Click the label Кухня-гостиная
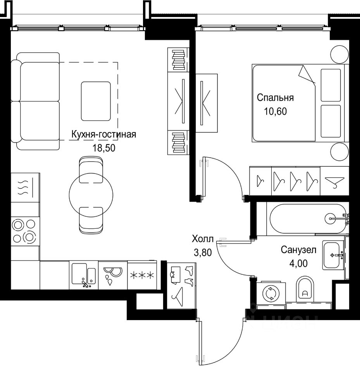(104, 134)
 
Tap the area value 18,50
(104, 148)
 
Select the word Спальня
(275, 98)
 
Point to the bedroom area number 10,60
(275, 111)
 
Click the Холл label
(202, 239)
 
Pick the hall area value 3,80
(203, 252)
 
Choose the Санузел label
(298, 250)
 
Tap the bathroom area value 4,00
(298, 263)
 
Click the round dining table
(91, 195)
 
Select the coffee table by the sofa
(96, 101)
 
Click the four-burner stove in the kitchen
(25, 231)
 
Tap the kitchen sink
(84, 275)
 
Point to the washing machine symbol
(271, 294)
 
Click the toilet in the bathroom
(305, 289)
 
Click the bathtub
(308, 219)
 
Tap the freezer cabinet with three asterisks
(142, 275)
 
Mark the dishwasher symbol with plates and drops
(113, 275)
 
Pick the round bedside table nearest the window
(339, 55)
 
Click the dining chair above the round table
(91, 169)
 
